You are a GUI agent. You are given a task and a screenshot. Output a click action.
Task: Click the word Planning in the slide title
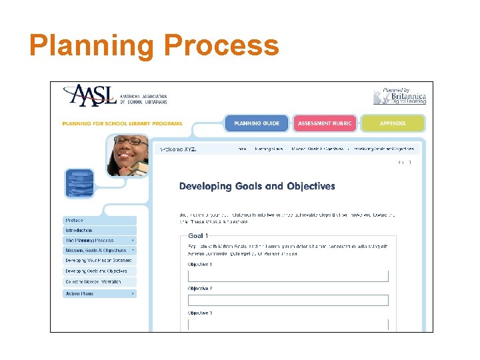click(92, 46)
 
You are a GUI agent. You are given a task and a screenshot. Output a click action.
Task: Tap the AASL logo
click(114, 95)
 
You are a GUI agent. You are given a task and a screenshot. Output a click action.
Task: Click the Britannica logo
click(399, 96)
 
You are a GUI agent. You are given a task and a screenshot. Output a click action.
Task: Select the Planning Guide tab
click(257, 123)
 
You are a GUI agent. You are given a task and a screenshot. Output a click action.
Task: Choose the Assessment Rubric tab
click(325, 123)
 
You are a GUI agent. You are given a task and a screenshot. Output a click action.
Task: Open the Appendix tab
click(393, 123)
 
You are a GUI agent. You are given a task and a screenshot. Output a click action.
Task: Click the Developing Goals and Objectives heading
click(257, 187)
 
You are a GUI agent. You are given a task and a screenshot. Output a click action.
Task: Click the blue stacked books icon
click(79, 183)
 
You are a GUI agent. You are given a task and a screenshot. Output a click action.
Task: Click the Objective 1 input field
click(287, 276)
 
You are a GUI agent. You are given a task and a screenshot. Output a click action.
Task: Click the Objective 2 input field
click(287, 300)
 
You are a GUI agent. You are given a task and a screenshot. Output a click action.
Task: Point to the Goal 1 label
click(198, 236)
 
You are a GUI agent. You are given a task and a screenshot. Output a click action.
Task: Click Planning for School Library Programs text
click(122, 123)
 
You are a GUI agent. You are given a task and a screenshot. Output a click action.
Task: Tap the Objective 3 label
click(200, 313)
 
